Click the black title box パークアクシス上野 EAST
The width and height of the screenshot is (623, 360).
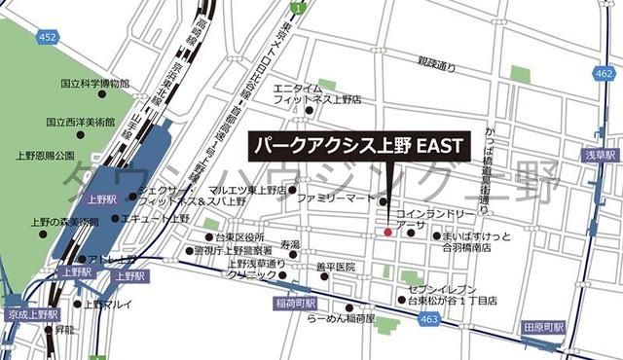click(358, 146)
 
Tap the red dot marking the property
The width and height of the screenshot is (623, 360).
click(387, 233)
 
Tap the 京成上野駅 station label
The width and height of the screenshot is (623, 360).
click(31, 316)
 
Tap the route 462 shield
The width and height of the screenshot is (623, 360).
click(604, 74)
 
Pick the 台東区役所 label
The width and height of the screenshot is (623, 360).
click(239, 236)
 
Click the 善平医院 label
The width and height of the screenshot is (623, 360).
click(337, 267)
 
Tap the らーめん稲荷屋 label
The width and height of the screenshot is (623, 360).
click(341, 317)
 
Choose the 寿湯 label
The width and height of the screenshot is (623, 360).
click(290, 243)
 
